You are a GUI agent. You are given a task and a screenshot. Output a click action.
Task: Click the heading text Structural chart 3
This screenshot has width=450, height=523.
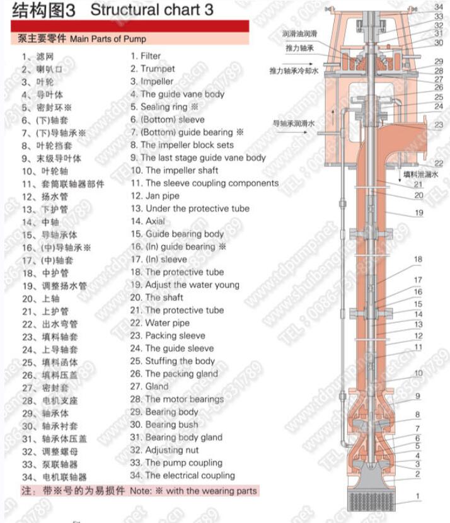[x=152, y=9]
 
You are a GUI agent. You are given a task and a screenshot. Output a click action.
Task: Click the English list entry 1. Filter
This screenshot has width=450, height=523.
[x=146, y=56]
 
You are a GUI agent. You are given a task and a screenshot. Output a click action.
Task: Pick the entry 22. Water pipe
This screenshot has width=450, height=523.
[x=159, y=323]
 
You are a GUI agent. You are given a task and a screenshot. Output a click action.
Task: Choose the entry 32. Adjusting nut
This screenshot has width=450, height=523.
[x=164, y=450]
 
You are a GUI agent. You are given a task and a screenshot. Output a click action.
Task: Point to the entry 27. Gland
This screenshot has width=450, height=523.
[x=149, y=386]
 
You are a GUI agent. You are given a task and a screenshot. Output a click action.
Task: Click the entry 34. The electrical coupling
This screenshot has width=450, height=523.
[x=182, y=476]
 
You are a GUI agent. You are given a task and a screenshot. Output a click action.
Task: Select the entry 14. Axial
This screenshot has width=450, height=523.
[x=147, y=221]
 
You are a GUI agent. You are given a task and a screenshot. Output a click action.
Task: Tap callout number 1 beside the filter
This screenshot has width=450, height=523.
[x=417, y=497]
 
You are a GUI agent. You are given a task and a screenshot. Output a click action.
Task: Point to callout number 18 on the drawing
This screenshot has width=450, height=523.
[x=418, y=260]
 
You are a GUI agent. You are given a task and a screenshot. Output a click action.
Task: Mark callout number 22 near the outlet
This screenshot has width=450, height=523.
[x=439, y=164]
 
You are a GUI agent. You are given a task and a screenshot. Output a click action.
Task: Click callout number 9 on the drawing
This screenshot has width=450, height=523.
[x=417, y=396]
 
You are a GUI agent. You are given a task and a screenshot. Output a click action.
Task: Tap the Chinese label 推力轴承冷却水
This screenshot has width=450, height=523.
[x=294, y=71]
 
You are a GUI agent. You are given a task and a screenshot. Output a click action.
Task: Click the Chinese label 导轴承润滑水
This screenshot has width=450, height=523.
[x=294, y=124]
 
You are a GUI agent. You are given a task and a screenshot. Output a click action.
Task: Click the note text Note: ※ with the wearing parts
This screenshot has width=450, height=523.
[x=193, y=490]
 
